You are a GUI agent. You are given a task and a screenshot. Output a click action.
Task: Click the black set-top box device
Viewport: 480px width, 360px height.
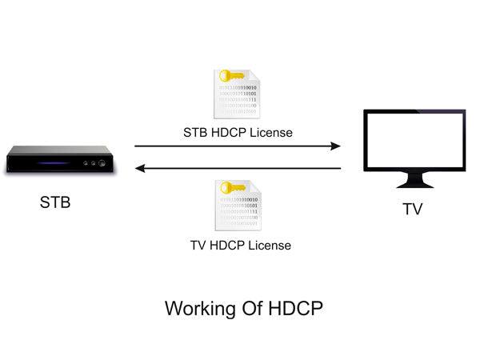[x=60, y=160]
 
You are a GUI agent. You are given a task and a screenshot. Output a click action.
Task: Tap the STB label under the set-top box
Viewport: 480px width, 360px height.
[x=55, y=202]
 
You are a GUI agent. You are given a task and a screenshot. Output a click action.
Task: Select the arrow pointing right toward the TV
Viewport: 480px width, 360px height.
[x=238, y=146]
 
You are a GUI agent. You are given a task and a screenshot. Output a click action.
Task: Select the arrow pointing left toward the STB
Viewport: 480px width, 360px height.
[x=238, y=168]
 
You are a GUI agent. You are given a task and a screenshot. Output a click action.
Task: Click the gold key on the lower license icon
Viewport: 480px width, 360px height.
[x=231, y=189]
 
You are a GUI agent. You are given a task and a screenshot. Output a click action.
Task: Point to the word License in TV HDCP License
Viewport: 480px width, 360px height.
[x=270, y=245]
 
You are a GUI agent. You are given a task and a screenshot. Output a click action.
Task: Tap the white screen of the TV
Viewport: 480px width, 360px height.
[x=414, y=140]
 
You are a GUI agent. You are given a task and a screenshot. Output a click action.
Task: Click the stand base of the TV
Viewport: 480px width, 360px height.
[x=414, y=183]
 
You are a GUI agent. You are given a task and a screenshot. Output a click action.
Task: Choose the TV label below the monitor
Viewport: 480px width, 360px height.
[x=412, y=210]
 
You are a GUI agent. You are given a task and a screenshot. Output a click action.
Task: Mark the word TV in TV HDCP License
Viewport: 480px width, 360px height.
[x=198, y=245]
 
